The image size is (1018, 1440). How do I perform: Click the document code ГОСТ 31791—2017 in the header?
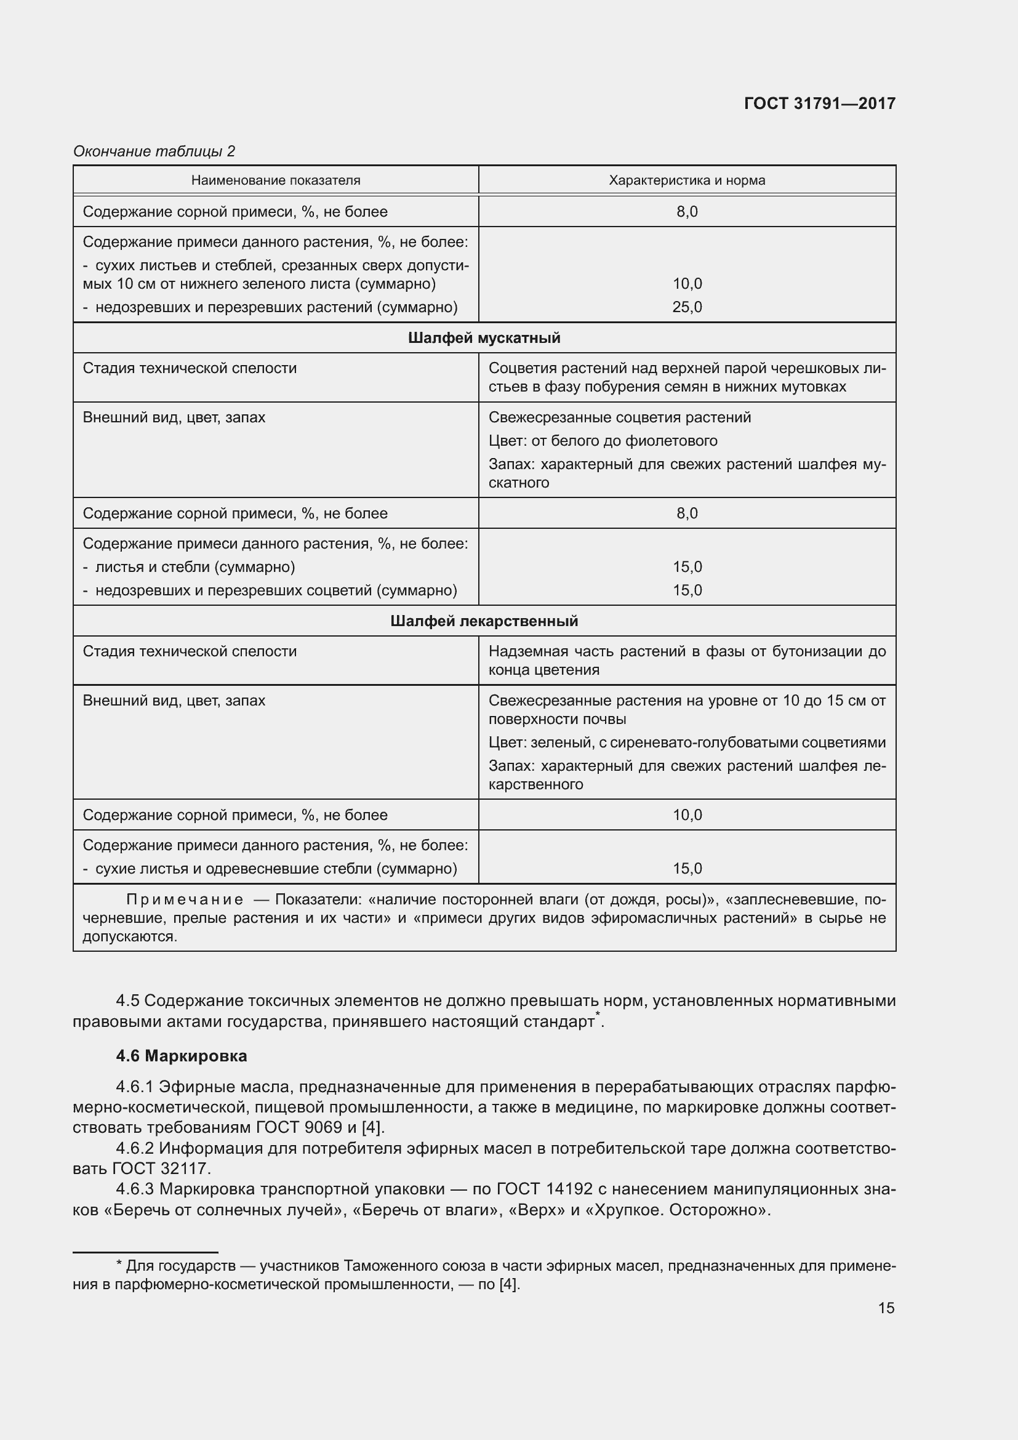pyautogui.click(x=819, y=103)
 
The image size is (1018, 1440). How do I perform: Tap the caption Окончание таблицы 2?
pyautogui.click(x=154, y=151)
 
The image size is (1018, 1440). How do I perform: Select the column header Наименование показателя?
pyautogui.click(x=276, y=180)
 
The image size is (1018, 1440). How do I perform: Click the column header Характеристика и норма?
pyautogui.click(x=687, y=180)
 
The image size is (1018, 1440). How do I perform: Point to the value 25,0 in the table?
pyautogui.click(x=687, y=307)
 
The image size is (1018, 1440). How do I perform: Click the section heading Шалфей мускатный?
pyautogui.click(x=484, y=338)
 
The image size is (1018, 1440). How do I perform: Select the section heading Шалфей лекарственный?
pyautogui.click(x=484, y=621)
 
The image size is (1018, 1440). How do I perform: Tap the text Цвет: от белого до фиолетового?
pyautogui.click(x=603, y=441)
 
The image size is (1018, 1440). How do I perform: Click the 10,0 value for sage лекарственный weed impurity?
pyautogui.click(x=687, y=815)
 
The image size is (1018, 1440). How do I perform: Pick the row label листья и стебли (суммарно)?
pyautogui.click(x=195, y=567)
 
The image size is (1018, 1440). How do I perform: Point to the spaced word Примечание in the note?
pyautogui.click(x=185, y=900)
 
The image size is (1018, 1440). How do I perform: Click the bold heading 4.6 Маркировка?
pyautogui.click(x=182, y=1056)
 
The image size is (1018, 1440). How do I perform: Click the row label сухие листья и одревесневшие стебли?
pyautogui.click(x=276, y=869)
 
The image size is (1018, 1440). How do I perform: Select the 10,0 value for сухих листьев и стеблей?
pyautogui.click(x=687, y=284)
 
